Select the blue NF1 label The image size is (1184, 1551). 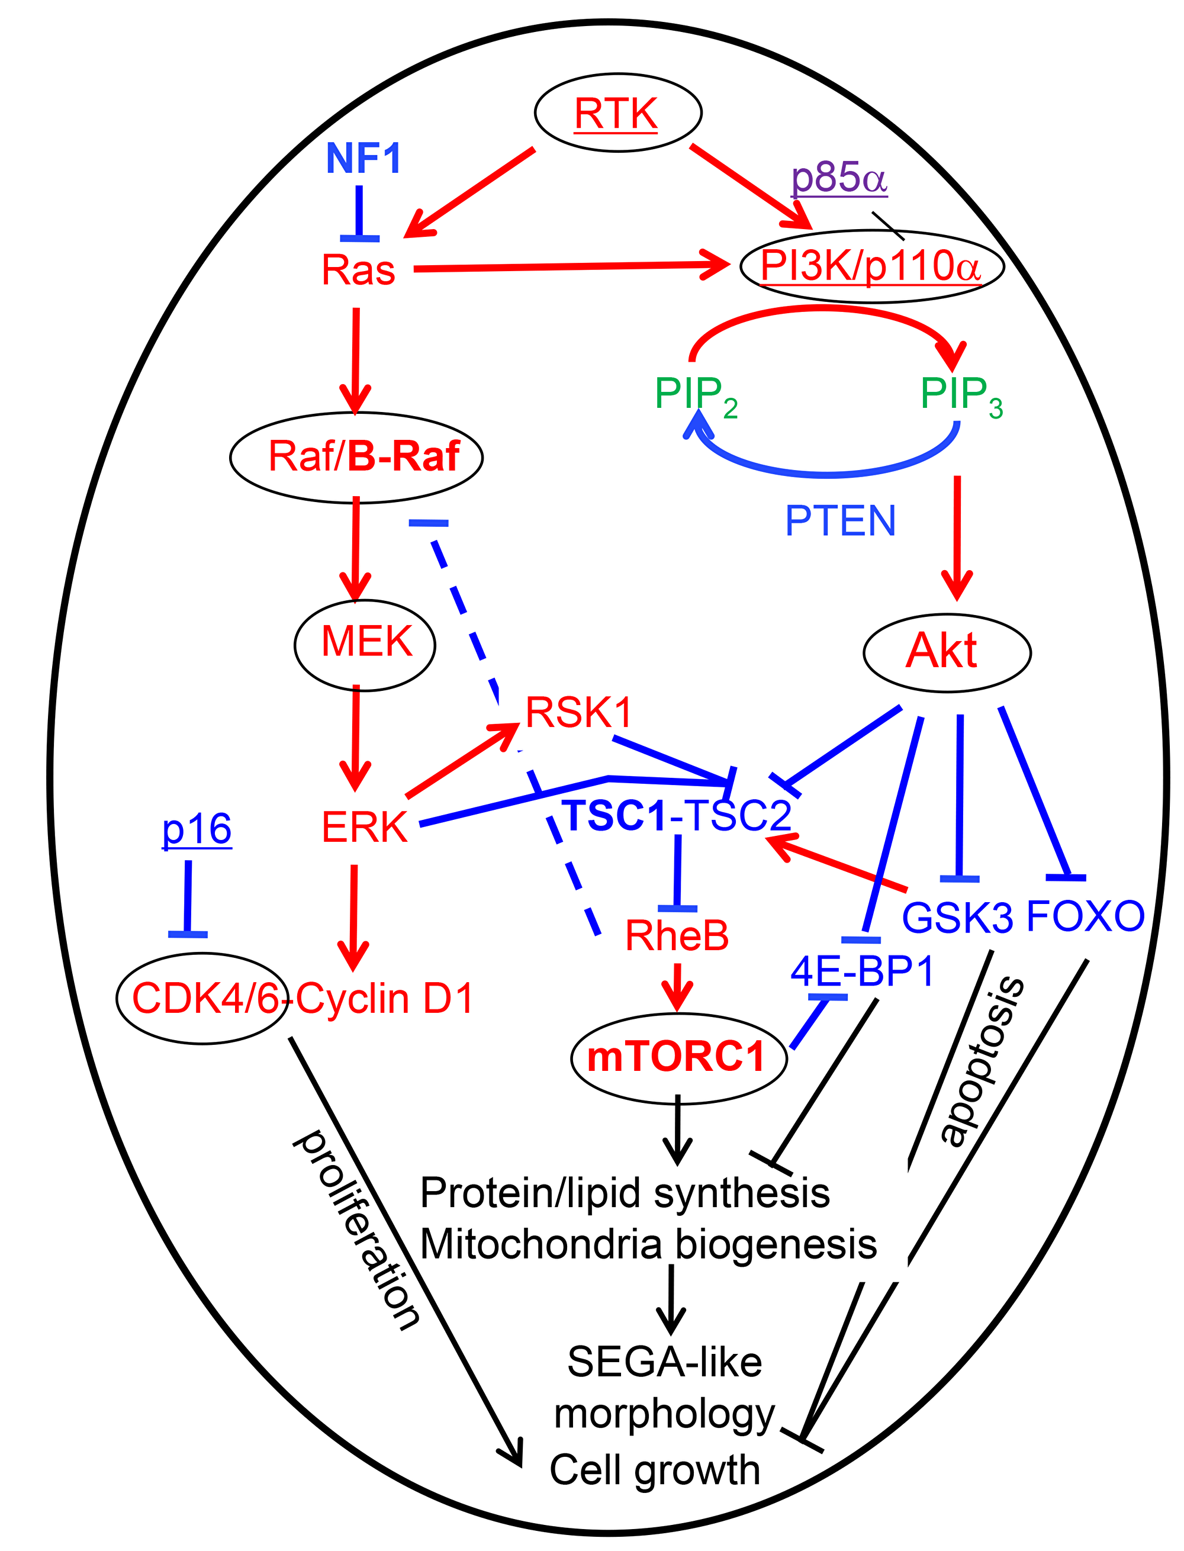[x=363, y=158]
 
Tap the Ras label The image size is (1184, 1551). [x=358, y=270]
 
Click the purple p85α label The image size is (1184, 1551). [x=839, y=178]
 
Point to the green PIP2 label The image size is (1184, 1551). [x=694, y=395]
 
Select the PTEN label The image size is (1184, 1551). [x=840, y=522]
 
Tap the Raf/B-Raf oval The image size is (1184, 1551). [x=356, y=456]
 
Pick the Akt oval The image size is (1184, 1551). [x=946, y=651]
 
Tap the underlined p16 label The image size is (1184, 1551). [x=197, y=829]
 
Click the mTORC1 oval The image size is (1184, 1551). [x=677, y=1058]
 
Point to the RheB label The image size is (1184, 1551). [x=677, y=936]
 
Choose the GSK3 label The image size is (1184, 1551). [x=957, y=918]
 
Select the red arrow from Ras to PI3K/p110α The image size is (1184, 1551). [x=564, y=266]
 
